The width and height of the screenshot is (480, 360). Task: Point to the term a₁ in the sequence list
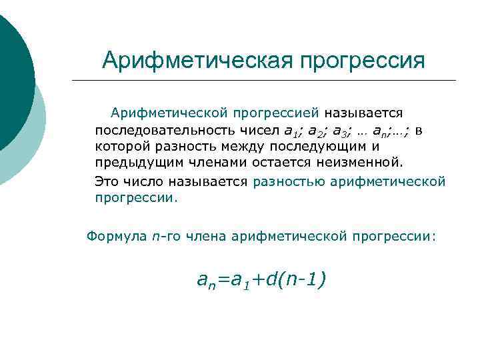[x=291, y=130]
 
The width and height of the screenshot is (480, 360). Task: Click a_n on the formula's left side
[x=206, y=281]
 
